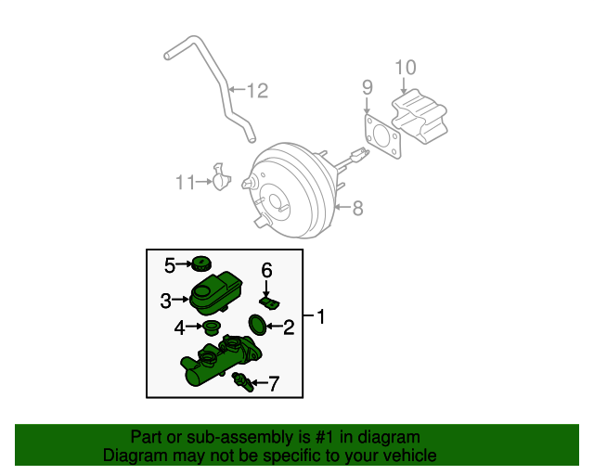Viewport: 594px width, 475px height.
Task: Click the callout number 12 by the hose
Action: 256,91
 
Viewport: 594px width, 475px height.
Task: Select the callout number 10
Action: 406,67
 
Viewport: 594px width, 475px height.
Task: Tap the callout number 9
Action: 367,87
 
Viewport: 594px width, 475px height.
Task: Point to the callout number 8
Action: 356,208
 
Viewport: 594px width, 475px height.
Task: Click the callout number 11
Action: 185,183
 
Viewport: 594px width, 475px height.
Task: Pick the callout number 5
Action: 170,266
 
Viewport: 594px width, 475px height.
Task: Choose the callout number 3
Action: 165,301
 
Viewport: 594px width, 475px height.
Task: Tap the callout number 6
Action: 266,271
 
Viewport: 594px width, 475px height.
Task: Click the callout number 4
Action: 180,327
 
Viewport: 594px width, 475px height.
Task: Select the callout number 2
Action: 289,327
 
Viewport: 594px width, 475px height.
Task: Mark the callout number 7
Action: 273,382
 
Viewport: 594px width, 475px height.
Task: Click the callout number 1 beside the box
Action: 321,317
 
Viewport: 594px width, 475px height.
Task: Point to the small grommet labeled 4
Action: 213,328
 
